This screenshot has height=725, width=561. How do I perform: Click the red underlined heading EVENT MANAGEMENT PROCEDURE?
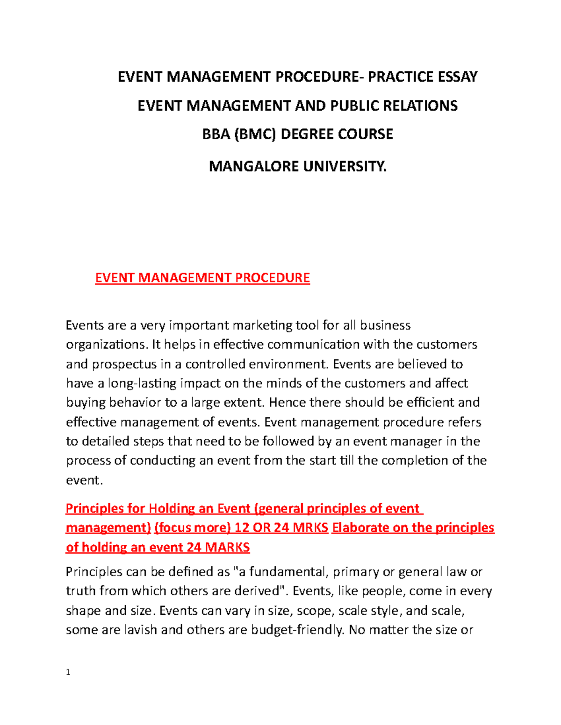(x=202, y=278)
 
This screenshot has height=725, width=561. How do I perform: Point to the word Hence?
(x=288, y=402)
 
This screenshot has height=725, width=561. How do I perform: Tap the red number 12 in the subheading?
(x=242, y=528)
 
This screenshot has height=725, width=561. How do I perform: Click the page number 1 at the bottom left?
(x=68, y=672)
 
